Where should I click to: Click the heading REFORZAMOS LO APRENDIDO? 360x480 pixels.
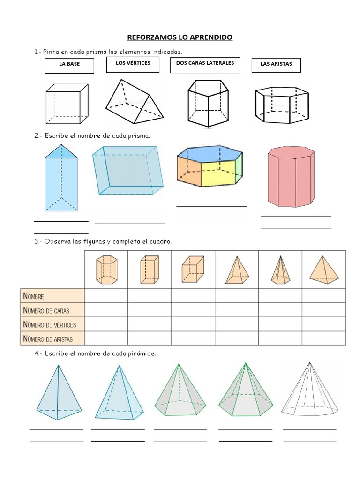(180, 37)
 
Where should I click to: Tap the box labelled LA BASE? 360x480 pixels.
(69, 66)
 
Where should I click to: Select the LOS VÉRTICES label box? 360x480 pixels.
(133, 65)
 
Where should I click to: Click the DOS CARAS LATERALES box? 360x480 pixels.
(205, 65)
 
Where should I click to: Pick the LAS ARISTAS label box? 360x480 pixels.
(276, 65)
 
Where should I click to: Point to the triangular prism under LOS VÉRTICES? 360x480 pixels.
(135, 101)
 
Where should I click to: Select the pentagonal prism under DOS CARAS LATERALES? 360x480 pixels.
(208, 103)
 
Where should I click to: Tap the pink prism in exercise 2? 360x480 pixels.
(291, 177)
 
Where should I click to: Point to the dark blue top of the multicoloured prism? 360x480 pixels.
(210, 154)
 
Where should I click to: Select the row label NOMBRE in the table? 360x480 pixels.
(34, 296)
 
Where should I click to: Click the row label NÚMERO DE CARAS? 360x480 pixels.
(46, 310)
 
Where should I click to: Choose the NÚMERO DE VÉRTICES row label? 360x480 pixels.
(50, 324)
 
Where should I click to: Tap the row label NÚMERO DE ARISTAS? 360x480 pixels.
(48, 339)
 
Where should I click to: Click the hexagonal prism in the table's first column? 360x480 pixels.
(106, 270)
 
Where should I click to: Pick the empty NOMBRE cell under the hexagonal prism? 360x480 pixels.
(106, 296)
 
